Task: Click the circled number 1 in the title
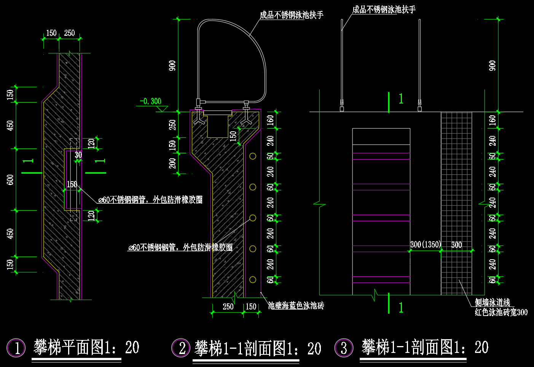[x=16, y=348]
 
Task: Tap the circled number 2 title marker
[x=181, y=348]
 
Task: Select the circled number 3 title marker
[x=344, y=348]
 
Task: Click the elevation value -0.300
[x=150, y=101]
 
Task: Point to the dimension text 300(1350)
[x=426, y=245]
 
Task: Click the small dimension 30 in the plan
[x=78, y=155]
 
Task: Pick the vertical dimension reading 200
[x=172, y=163]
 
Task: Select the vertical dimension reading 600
[x=10, y=180]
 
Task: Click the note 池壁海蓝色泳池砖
[x=296, y=305]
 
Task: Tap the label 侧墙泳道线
[x=492, y=302]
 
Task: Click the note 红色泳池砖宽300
[x=501, y=312]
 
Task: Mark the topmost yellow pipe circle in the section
[x=253, y=156]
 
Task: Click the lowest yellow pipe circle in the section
[x=253, y=279]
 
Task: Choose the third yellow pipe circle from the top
[x=253, y=218]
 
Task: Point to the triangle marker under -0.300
[x=162, y=109]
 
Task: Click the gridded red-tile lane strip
[x=456, y=203]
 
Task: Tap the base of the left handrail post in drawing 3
[x=342, y=109]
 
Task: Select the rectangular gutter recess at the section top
[x=218, y=125]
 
